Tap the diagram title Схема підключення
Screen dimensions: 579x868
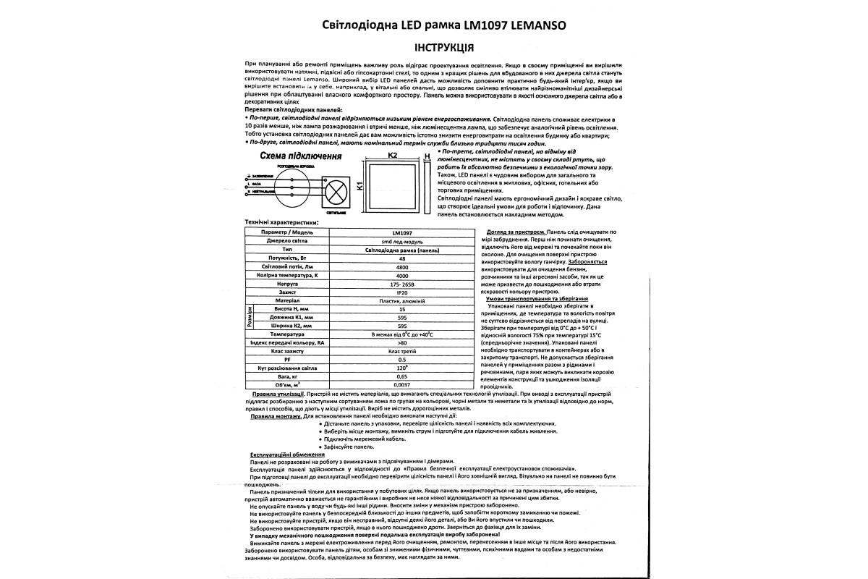point(297,156)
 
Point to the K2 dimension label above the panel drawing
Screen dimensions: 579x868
point(393,155)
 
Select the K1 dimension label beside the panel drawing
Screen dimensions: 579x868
point(359,187)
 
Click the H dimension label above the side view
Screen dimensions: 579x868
point(427,156)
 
